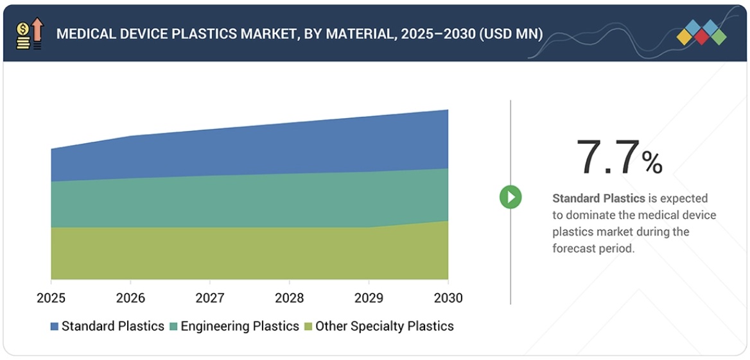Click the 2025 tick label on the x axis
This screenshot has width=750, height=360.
click(51, 298)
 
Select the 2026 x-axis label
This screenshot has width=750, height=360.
click(130, 298)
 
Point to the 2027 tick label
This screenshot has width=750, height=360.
click(210, 298)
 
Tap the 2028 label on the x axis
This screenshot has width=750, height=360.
click(289, 298)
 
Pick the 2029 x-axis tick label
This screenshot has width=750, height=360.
click(369, 298)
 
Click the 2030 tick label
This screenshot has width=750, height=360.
click(448, 298)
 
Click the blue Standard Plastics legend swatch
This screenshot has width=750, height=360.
click(55, 327)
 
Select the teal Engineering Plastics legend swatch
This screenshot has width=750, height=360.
click(174, 327)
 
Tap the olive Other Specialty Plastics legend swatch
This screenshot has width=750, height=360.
click(308, 327)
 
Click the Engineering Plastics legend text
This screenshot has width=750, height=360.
click(240, 326)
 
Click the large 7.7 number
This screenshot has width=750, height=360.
click(608, 158)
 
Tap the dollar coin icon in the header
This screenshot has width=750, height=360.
click(22, 30)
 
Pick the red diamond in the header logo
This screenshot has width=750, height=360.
click(701, 37)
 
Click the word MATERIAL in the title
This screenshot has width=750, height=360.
click(362, 33)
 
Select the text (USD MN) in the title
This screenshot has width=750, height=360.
click(510, 33)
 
